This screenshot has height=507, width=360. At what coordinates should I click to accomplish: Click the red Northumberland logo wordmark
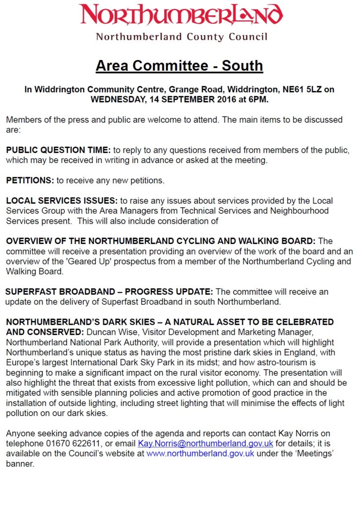[x=181, y=15]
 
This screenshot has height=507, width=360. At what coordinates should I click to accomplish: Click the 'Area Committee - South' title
[x=179, y=65]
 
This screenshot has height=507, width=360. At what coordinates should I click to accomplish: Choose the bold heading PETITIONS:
[x=30, y=181]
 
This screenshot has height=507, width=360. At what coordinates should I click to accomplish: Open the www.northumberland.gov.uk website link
[x=200, y=454]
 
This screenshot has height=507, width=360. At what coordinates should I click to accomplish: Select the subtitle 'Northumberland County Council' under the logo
[x=181, y=37]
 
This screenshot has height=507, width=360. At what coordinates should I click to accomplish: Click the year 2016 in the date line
[x=222, y=99]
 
